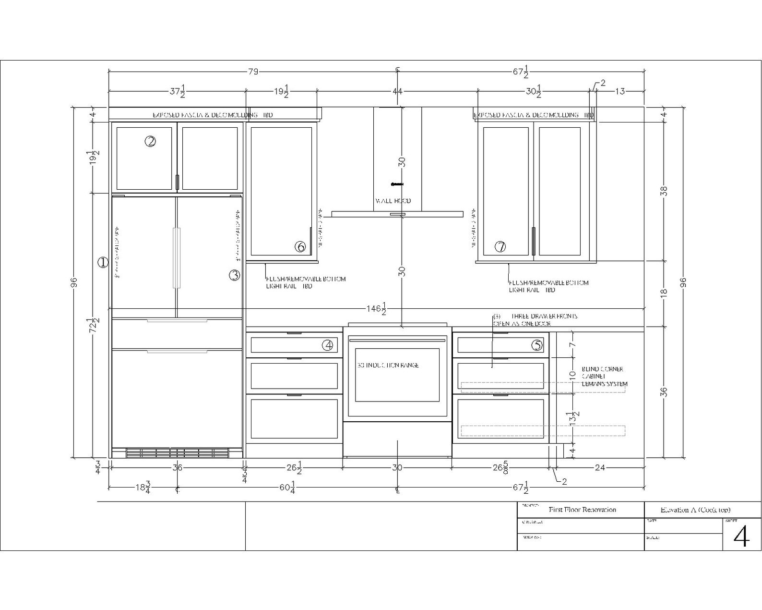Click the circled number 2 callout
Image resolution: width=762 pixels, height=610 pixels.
pos(151,141)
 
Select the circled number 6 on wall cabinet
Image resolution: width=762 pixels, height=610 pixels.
pos(300,247)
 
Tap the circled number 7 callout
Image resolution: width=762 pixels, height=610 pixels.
pos(500,247)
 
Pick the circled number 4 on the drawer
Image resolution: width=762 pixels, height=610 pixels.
pos(328,345)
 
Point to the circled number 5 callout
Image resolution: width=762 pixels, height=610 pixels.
pos(537,345)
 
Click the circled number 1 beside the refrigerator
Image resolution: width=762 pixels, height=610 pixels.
pos(103,262)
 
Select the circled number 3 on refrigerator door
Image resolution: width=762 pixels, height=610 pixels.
pos(234,275)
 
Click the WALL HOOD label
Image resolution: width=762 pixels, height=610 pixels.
pos(393,201)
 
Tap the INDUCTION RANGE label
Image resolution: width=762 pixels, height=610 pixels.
pos(388,365)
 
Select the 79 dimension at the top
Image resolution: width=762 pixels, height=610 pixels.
pos(253,72)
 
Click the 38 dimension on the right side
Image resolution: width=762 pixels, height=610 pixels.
pos(664,191)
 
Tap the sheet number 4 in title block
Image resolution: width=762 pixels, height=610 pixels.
pos(741,537)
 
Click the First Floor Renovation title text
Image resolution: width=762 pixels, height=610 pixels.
pos(582,510)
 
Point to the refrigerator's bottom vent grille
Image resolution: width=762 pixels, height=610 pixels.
pos(177,453)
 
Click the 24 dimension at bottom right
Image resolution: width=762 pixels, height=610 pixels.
pos(600,467)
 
